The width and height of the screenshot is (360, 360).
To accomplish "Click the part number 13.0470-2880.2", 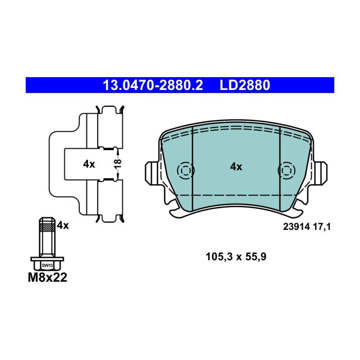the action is coord(153,85).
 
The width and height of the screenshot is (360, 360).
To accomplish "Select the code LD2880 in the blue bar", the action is coord(245,85).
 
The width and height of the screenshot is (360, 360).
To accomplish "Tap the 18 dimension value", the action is coord(118,164).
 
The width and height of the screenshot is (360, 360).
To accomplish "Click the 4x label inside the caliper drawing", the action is coord(89,164).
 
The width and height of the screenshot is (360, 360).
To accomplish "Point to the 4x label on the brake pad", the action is coord(236,167).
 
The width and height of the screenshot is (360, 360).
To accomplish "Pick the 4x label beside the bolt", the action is coord(63,225).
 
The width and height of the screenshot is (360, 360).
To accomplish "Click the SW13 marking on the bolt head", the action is coord(47,265).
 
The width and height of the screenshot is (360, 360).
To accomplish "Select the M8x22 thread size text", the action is coord(47,277).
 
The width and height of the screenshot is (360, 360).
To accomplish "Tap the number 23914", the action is coord(296,227).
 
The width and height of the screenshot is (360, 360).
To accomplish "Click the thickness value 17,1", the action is coord(322,227).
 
